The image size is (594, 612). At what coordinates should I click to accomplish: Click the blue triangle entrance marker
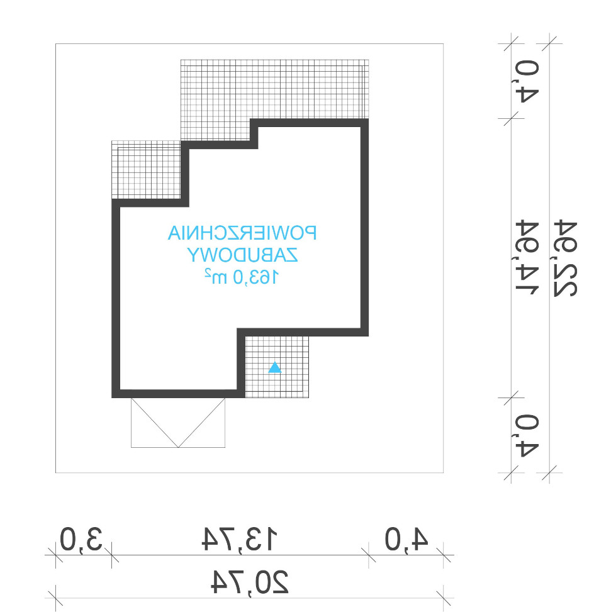click(x=275, y=368)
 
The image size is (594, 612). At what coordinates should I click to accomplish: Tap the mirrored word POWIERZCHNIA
click(x=242, y=233)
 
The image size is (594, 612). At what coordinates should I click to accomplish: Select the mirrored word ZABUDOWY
click(x=242, y=255)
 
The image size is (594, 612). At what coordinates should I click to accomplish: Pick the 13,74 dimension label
click(x=240, y=539)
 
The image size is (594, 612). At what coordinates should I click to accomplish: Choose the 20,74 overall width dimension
click(x=250, y=582)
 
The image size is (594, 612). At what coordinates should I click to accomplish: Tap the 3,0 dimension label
click(x=81, y=539)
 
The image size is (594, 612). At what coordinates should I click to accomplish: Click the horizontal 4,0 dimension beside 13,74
click(x=406, y=539)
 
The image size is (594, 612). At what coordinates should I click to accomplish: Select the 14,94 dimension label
click(x=527, y=258)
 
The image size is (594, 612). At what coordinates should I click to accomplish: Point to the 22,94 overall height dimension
click(x=565, y=259)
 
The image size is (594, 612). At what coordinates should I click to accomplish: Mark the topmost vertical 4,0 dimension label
click(x=527, y=81)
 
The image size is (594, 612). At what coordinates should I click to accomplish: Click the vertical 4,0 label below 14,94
click(x=527, y=435)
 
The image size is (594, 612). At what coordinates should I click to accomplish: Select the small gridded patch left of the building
click(x=147, y=170)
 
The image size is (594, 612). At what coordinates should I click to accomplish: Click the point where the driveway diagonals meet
click(x=178, y=447)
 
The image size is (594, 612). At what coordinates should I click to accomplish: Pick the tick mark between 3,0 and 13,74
click(x=112, y=555)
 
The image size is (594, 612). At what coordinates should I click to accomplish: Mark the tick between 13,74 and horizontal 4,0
click(x=369, y=555)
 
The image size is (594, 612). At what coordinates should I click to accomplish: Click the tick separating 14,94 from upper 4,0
click(x=511, y=118)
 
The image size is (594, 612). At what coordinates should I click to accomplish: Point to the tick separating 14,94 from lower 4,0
click(x=511, y=398)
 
